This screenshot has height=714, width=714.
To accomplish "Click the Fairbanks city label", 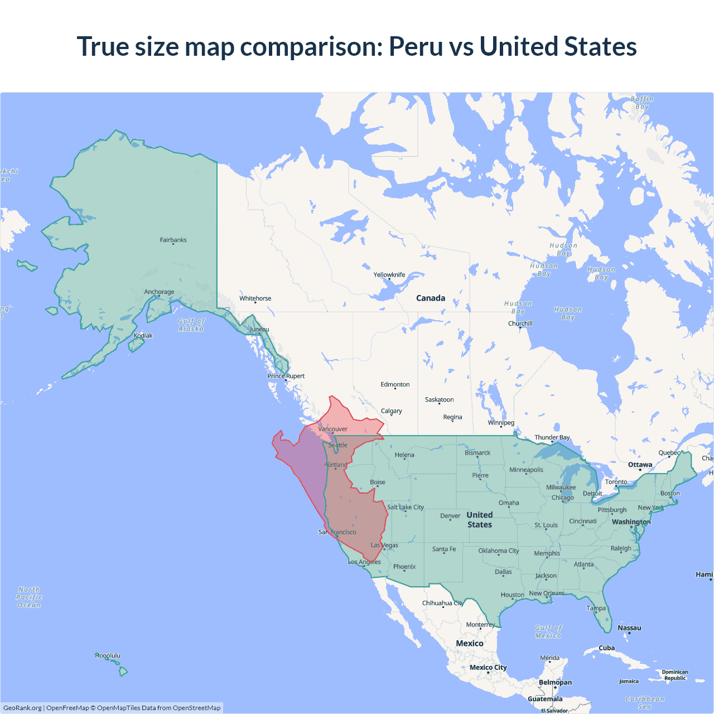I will click(x=173, y=240).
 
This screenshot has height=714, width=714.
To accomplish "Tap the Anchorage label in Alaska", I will click(x=159, y=292).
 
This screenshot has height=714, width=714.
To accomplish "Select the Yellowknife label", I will click(x=389, y=274).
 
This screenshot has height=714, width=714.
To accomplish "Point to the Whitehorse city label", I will click(x=255, y=298).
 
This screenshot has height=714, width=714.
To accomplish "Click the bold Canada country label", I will click(x=431, y=298).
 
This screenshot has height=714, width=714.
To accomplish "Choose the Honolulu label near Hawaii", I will click(x=108, y=655).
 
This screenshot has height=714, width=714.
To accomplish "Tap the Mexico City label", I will click(x=488, y=667).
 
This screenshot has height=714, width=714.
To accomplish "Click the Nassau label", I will click(x=629, y=628).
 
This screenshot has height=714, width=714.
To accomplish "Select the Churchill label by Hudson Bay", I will click(x=520, y=324).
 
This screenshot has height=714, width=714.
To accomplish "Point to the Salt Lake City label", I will click(x=406, y=507).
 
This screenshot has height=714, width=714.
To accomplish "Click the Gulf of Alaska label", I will click(x=191, y=325).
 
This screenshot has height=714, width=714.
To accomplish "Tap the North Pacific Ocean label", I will click(x=29, y=597).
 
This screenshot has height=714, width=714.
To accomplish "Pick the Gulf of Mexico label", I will click(x=548, y=631).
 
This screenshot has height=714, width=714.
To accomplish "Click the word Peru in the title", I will click(x=416, y=46).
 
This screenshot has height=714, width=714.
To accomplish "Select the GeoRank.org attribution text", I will click(x=22, y=708).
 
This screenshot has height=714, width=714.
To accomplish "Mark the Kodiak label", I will click(x=143, y=335).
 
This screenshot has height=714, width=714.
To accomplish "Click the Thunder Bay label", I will click(x=552, y=437).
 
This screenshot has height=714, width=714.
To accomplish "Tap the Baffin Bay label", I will click(x=642, y=103).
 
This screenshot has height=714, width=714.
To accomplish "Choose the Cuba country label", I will click(x=606, y=648).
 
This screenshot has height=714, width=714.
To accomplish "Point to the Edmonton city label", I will click(x=395, y=384).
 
